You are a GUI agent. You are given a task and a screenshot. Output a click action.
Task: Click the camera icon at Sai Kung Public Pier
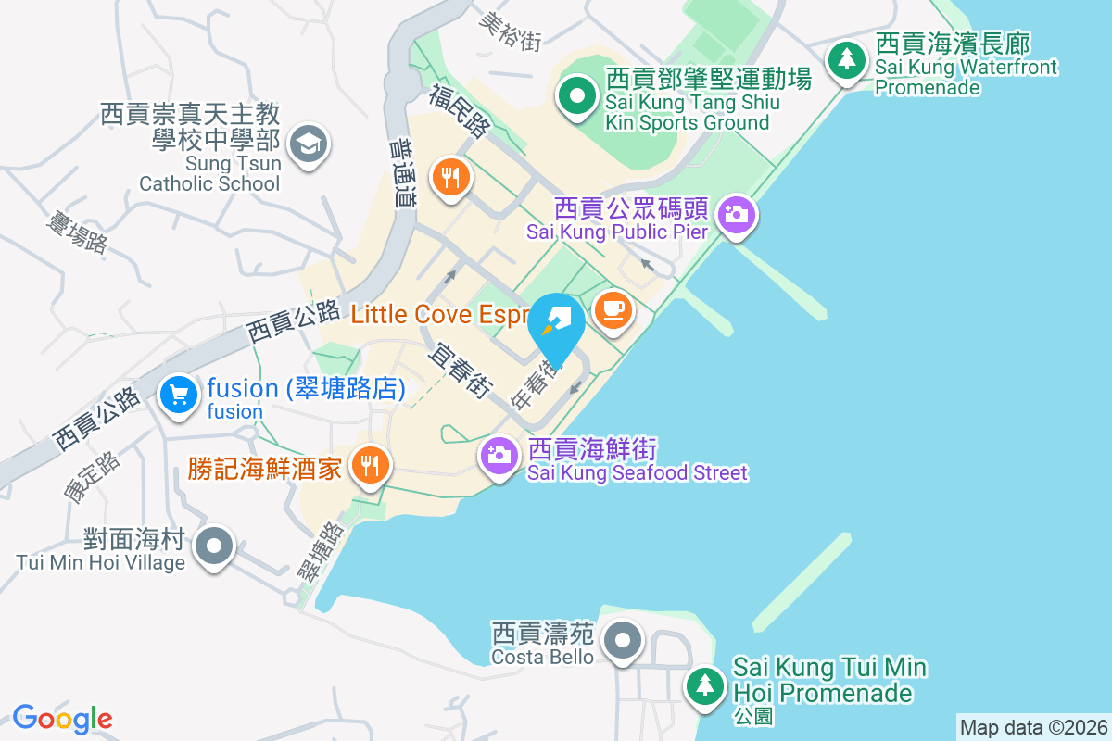pyautogui.click(x=737, y=215)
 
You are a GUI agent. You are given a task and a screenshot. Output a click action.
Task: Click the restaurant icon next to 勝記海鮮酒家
pyautogui.click(x=371, y=465)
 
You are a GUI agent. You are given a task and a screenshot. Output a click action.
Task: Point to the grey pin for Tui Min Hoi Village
pyautogui.click(x=215, y=545)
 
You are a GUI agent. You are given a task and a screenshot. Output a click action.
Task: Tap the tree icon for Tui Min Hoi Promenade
pyautogui.click(x=706, y=685)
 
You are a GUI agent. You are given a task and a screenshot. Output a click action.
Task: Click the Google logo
pyautogui.click(x=62, y=719)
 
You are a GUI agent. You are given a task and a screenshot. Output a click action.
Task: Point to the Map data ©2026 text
pyautogui.click(x=1033, y=727)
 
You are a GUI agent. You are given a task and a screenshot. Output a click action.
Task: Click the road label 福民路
pyautogui.click(x=460, y=113)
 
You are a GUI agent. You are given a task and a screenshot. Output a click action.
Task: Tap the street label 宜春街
pyautogui.click(x=460, y=370)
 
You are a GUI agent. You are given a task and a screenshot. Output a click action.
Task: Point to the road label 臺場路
pyautogui.click(x=77, y=232)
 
